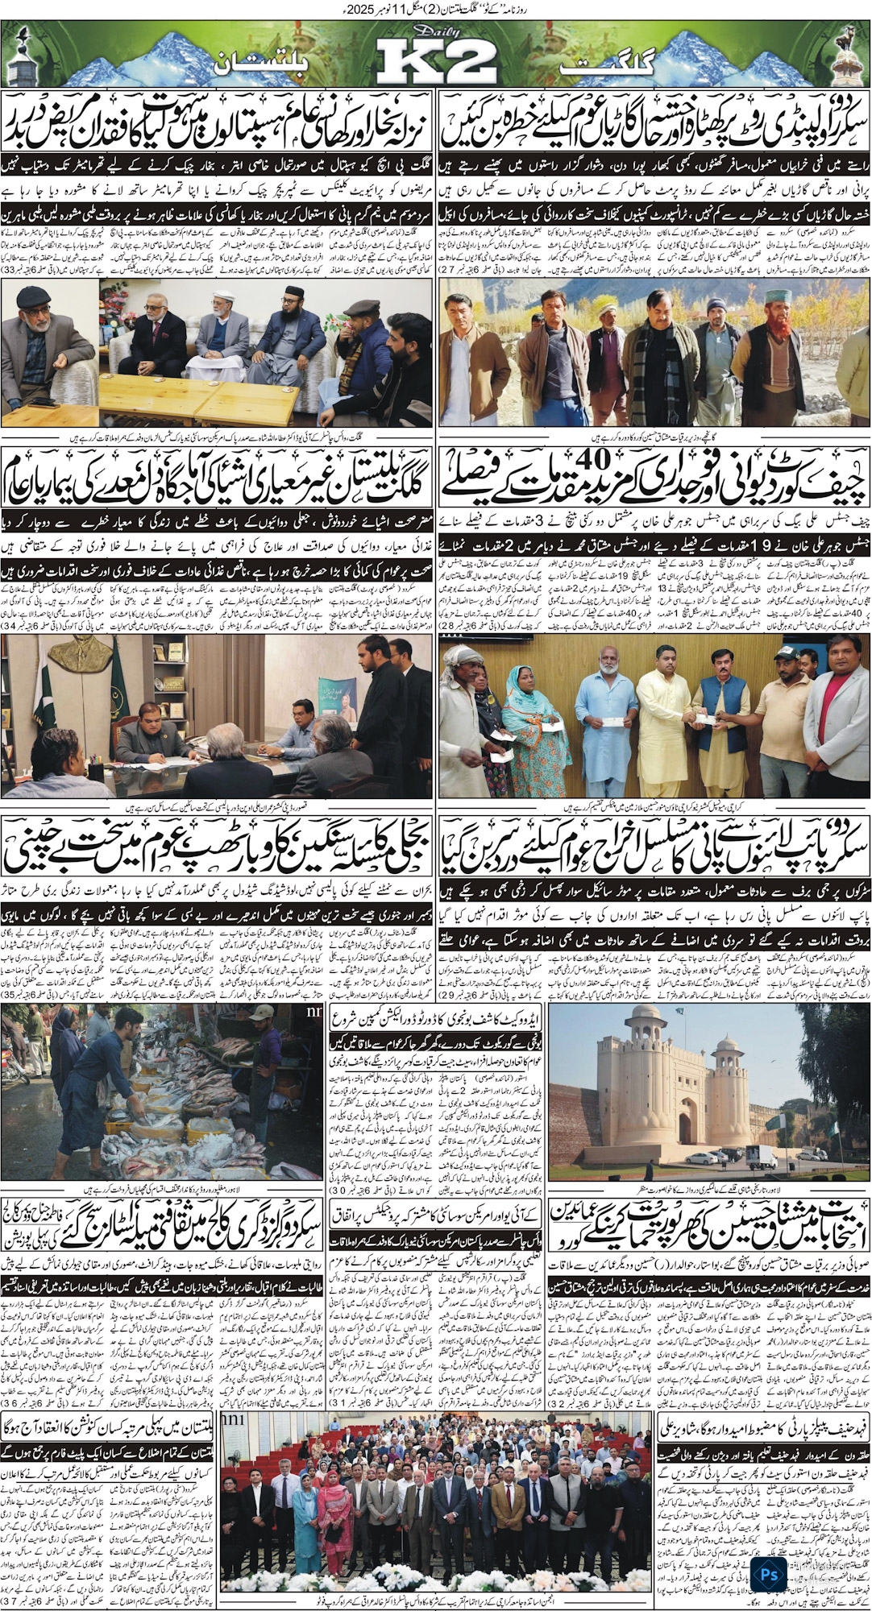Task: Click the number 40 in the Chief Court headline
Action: pos(652,480)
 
